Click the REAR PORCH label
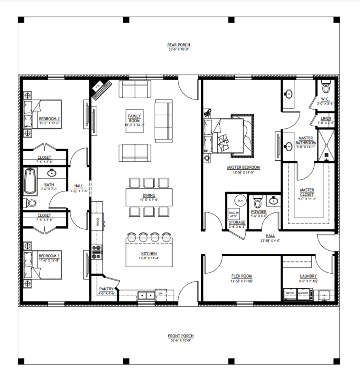[179, 45]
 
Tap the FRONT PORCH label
[181, 336]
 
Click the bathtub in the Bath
[30, 181]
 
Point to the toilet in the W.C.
[326, 86]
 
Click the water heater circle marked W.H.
[240, 201]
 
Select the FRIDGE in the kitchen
[98, 222]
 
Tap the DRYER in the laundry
[290, 294]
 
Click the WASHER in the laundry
[303, 294]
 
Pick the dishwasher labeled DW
[160, 294]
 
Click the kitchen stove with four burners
[97, 252]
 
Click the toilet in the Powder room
[257, 203]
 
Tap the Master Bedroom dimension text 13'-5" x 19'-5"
[243, 173]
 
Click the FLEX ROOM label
[241, 276]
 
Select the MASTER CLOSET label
[307, 192]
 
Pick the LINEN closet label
[326, 118]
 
